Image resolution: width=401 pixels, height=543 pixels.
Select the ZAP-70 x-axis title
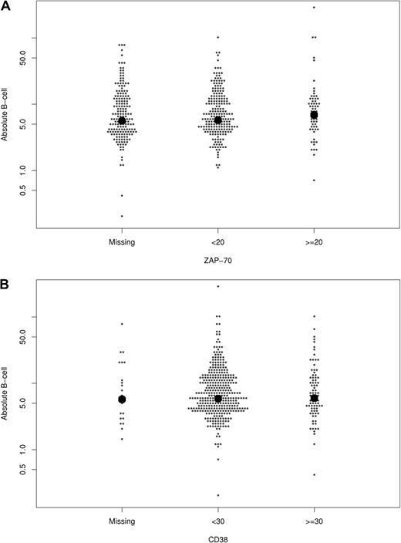[x=217, y=261]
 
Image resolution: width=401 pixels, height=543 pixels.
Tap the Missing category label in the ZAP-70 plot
[x=122, y=241]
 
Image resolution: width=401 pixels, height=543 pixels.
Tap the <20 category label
[x=217, y=241]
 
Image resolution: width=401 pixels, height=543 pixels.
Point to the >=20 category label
[x=314, y=241]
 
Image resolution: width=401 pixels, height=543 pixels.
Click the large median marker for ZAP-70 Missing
[x=122, y=120]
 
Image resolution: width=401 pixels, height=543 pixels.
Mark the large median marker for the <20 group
[x=218, y=120]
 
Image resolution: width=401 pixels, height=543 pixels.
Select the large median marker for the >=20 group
[x=314, y=114]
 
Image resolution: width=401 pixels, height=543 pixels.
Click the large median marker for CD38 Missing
[x=122, y=400]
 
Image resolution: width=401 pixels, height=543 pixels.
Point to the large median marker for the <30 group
[x=218, y=399]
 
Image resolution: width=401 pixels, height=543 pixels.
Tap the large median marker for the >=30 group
[x=314, y=398]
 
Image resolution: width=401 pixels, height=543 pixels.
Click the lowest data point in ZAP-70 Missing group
[x=122, y=216]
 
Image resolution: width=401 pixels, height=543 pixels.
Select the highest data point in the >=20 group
[x=314, y=7]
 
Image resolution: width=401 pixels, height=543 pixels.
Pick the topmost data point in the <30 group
[x=218, y=286]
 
